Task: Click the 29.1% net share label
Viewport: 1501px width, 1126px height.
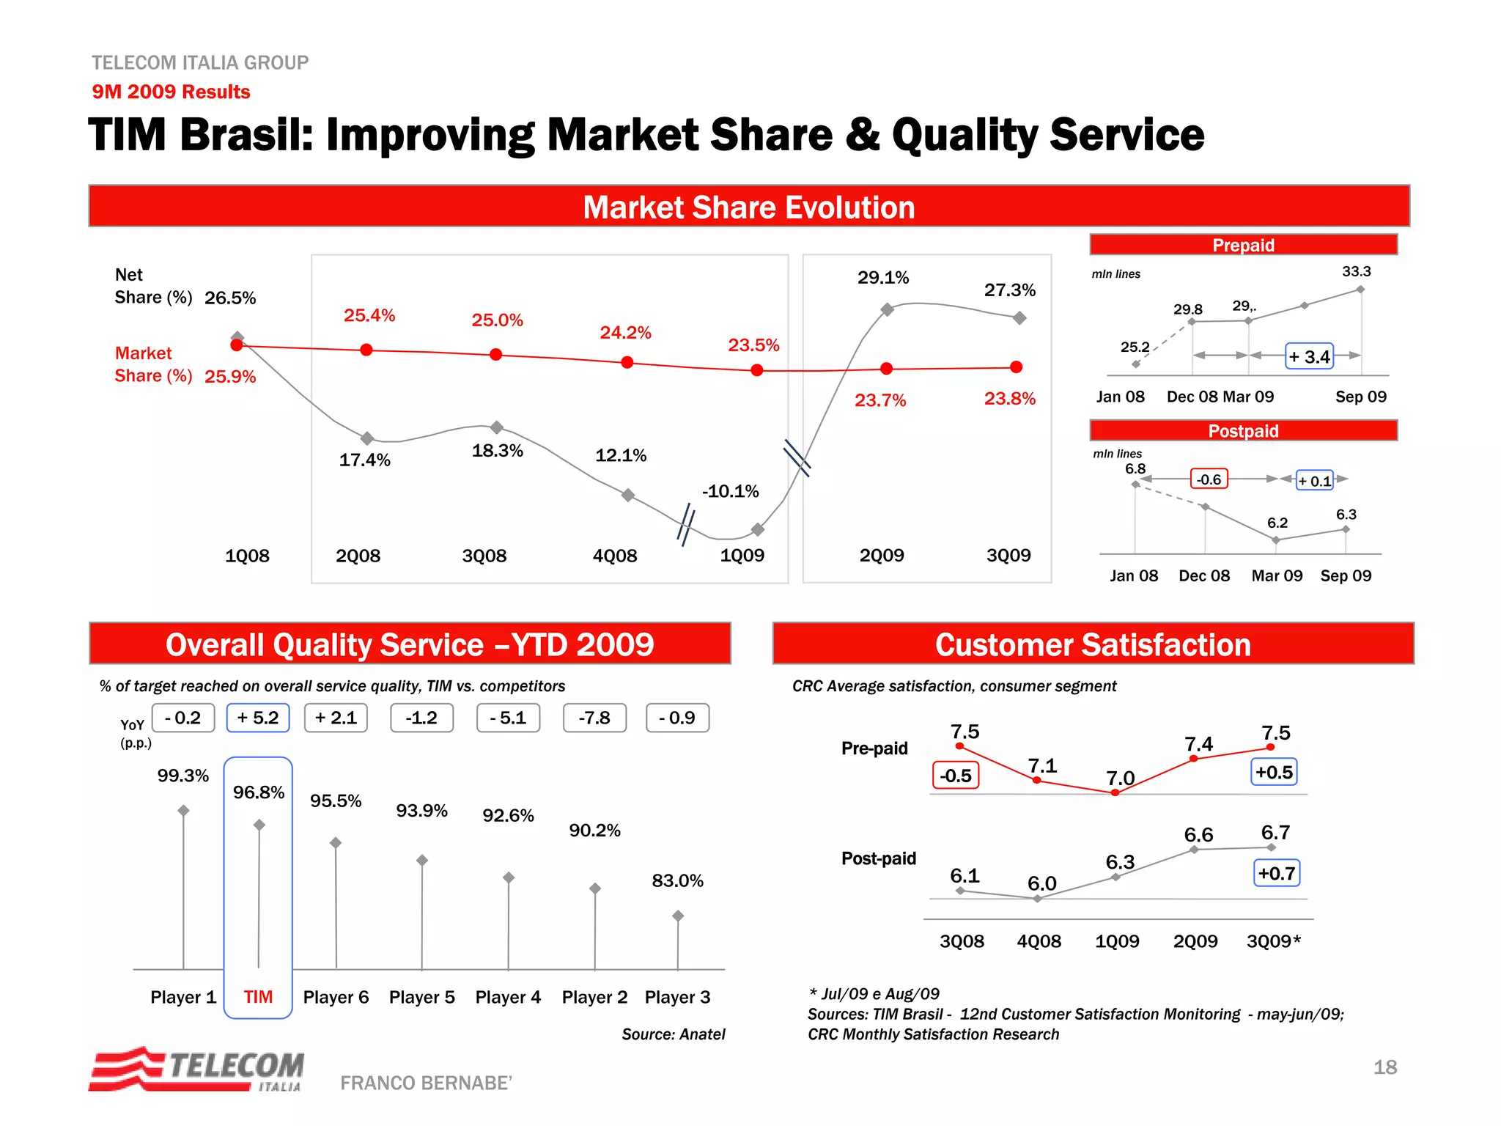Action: (883, 278)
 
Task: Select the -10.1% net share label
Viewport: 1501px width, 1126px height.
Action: (730, 491)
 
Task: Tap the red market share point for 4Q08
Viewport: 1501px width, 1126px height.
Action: (627, 362)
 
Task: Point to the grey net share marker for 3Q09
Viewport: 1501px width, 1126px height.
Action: (1019, 318)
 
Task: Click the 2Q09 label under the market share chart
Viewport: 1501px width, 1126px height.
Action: (882, 556)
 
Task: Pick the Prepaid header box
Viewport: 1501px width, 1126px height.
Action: (1243, 245)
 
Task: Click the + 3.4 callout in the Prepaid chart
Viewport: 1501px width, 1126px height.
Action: (1310, 357)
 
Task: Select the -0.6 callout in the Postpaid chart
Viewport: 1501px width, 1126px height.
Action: (1209, 479)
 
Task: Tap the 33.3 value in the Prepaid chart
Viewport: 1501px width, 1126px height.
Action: (1356, 271)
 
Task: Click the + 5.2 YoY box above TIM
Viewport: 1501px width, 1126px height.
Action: (258, 718)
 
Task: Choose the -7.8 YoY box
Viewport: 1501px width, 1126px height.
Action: (594, 718)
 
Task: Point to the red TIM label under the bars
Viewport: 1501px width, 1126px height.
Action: (258, 997)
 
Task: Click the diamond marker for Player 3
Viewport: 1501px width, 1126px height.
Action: (678, 916)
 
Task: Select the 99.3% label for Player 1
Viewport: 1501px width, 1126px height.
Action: (183, 776)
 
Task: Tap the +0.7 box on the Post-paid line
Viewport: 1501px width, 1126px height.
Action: (1277, 873)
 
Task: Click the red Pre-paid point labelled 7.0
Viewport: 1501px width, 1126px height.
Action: (1115, 792)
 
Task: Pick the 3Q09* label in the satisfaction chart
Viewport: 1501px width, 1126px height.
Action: (1274, 941)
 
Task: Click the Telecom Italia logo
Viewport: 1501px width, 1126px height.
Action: (196, 1070)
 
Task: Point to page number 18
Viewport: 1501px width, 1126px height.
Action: (1384, 1067)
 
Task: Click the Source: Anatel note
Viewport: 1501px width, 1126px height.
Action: (673, 1034)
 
